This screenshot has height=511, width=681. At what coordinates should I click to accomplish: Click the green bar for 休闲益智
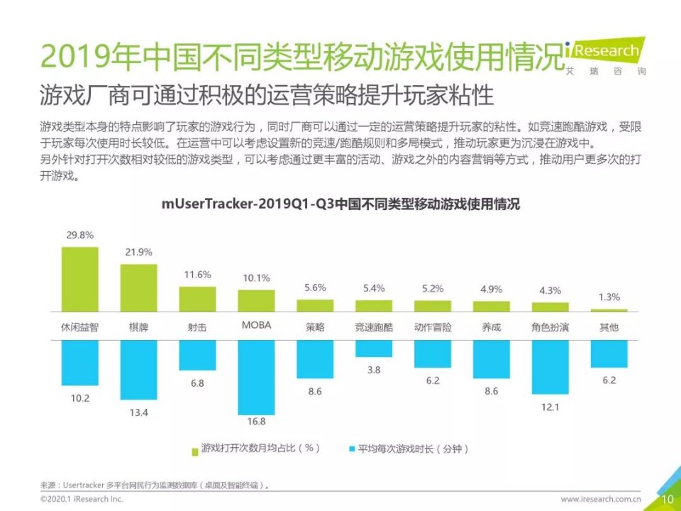pyautogui.click(x=79, y=280)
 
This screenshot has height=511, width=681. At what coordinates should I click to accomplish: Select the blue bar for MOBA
pyautogui.click(x=256, y=377)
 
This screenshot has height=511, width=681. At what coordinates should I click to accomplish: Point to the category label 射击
pyautogui.click(x=197, y=327)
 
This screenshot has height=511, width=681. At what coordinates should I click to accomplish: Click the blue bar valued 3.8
pyautogui.click(x=374, y=348)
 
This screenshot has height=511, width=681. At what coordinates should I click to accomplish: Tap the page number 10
pyautogui.click(x=667, y=500)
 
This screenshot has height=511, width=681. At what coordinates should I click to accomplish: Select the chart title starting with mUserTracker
pyautogui.click(x=340, y=204)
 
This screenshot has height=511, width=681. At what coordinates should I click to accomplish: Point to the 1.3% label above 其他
pyautogui.click(x=609, y=297)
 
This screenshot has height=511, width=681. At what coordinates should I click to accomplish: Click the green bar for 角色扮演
pyautogui.click(x=550, y=307)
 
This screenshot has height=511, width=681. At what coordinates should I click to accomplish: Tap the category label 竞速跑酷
pyautogui.click(x=374, y=327)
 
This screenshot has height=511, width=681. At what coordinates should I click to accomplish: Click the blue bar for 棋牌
pyautogui.click(x=138, y=369)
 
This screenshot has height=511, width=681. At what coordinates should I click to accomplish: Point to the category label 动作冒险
pyautogui.click(x=432, y=327)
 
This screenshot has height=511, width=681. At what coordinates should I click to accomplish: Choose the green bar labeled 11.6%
pyautogui.click(x=197, y=299)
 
